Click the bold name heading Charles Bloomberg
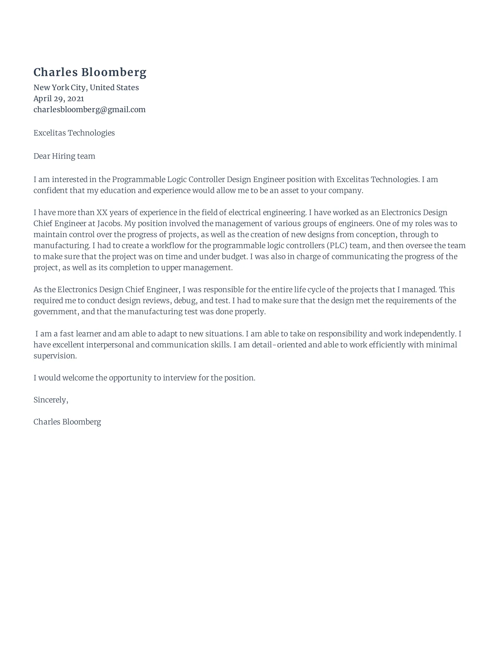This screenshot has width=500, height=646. coord(90,73)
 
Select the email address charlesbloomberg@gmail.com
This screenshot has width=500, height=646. coord(89,110)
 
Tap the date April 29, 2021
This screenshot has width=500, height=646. coord(59,99)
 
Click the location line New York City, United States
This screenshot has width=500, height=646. coord(86,88)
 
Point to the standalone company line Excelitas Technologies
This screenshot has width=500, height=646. coord(74,133)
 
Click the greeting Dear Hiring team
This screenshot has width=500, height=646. coord(64,156)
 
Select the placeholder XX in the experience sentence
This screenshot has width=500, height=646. coord(102,213)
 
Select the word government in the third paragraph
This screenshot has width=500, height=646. coord(56,312)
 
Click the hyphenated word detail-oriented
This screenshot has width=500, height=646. coord(279,345)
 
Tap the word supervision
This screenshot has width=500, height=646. coord(55,356)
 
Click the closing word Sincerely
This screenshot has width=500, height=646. coord(50,400)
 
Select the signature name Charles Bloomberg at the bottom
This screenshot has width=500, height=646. coord(67,422)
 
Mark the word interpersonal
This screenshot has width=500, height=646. coord(110,345)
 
